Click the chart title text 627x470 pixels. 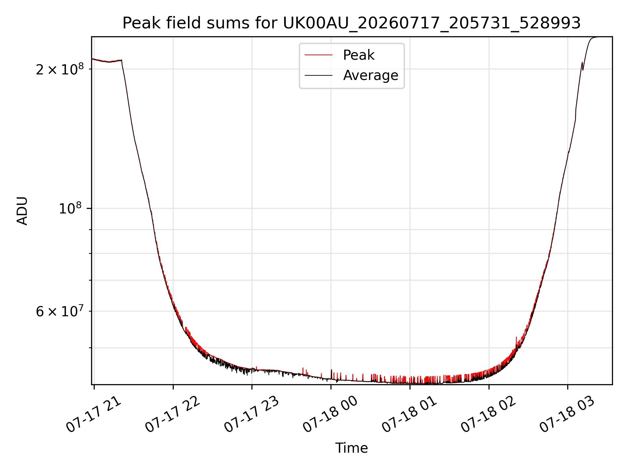[x=351, y=23]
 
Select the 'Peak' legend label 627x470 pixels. [x=359, y=55]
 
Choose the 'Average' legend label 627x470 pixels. [x=371, y=75]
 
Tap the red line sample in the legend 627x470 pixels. [x=318, y=55]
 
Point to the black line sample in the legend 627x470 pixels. [x=318, y=75]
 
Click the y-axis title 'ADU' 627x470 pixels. [x=22, y=211]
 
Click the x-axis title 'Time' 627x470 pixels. [x=351, y=448]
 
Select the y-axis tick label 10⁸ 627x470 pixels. [x=71, y=208]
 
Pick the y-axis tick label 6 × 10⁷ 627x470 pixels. [x=60, y=311]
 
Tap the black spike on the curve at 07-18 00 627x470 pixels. [x=331, y=374]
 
